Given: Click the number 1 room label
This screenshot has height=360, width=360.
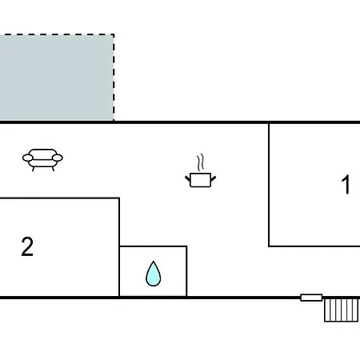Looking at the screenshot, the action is click(x=346, y=184).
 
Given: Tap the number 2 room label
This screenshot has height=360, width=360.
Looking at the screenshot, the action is click(x=27, y=246).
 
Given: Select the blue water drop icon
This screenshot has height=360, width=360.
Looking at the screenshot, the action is click(x=154, y=274).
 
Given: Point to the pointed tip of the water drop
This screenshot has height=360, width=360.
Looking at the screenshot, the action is click(x=154, y=262).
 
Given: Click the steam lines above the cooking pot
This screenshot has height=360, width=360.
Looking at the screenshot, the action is click(x=201, y=162).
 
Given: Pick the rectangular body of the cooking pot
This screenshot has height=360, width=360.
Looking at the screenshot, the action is click(x=201, y=180).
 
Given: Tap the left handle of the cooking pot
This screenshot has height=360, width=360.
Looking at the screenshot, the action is click(x=188, y=178).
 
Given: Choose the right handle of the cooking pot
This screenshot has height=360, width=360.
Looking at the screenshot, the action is click(x=214, y=178).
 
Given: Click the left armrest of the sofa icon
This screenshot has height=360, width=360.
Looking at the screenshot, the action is click(x=28, y=158).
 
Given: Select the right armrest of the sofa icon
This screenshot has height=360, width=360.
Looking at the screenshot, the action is click(x=58, y=158).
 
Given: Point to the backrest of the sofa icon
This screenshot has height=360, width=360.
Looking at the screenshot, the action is click(x=42, y=152).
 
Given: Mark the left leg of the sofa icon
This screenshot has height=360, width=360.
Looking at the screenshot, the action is click(x=33, y=169).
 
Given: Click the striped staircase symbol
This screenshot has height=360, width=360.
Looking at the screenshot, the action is click(x=341, y=310).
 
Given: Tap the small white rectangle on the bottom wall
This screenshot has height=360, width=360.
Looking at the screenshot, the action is click(x=311, y=298).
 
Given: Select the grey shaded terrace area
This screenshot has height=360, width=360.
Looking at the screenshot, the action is click(x=57, y=78).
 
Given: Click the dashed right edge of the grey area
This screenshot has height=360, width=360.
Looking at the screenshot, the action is click(x=114, y=78).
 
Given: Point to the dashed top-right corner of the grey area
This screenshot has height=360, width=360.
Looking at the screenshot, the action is click(x=114, y=34).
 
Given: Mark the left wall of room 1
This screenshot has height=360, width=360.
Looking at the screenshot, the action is click(x=269, y=185).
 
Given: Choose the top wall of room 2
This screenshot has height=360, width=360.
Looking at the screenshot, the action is click(x=59, y=198).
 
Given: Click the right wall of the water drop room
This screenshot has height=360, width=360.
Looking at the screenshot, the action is click(x=186, y=271).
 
